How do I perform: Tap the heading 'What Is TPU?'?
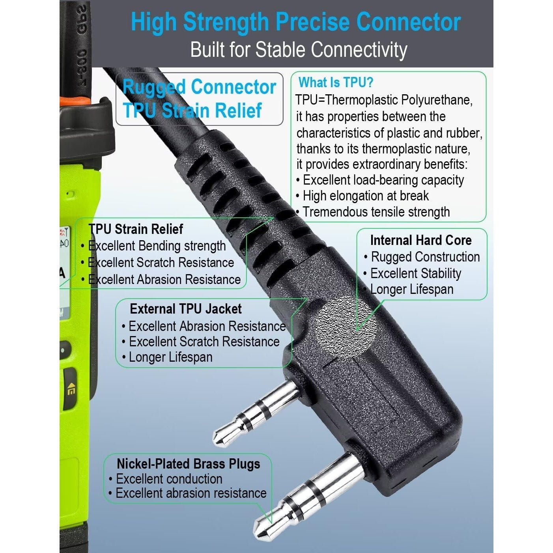tap(336, 83)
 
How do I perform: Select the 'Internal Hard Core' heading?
tap(421, 240)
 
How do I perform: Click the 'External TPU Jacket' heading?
tap(186, 309)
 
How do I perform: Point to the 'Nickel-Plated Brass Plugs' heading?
tap(189, 464)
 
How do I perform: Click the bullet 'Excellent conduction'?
tap(166, 479)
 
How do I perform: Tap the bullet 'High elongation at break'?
tap(362, 196)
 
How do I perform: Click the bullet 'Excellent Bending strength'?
tap(153, 246)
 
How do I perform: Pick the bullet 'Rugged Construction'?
tap(422, 257)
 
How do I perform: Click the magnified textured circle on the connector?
tap(346, 327)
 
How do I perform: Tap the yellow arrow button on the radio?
tap(71, 390)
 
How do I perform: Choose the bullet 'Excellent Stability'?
tap(412, 273)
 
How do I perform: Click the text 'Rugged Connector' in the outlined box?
tap(199, 87)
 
